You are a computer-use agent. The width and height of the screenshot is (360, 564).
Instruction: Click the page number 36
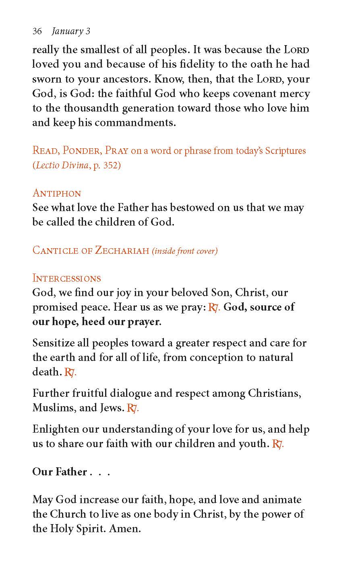tap(37, 31)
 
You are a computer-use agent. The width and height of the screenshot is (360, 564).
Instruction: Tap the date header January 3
tap(71, 31)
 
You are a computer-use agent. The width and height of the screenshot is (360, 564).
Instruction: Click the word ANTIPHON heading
tap(57, 193)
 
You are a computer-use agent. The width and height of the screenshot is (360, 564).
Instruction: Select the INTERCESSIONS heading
tap(66, 278)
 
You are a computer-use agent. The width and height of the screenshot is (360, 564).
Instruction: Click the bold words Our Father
tap(60, 472)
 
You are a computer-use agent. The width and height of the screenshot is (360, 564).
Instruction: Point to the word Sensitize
tap(56, 343)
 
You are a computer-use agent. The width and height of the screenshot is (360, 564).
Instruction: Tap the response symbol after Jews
tap(132, 408)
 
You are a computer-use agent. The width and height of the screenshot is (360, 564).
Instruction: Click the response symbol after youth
tap(277, 444)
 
